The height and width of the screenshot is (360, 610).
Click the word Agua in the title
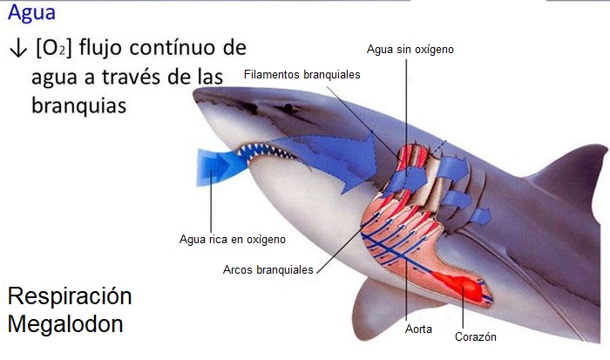pos(30,15)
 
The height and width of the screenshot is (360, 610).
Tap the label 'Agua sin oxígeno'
pos(410,50)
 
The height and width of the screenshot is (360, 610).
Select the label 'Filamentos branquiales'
pos(302,75)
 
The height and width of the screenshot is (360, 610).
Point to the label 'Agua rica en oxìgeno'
pos(232,238)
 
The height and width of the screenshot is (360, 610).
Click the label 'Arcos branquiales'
pos(268,270)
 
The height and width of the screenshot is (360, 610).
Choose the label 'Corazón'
pos(476,336)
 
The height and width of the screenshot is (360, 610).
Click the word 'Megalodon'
pos(65,324)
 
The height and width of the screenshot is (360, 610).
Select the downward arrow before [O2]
pos(16,48)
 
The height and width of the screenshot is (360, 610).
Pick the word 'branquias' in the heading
pos(79,105)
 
